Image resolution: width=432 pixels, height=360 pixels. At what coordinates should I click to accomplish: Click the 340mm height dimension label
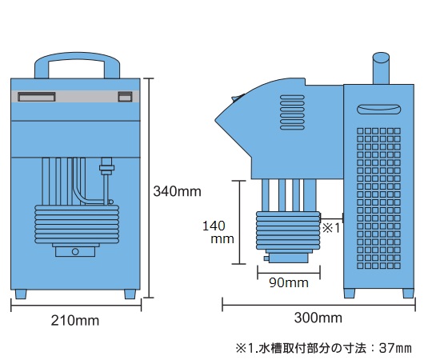click(x=177, y=191)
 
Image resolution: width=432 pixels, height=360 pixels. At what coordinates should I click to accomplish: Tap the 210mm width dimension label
click(x=75, y=321)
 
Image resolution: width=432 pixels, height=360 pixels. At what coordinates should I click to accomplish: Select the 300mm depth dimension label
click(x=318, y=318)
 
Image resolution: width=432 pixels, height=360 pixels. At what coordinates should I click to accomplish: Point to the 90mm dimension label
click(x=289, y=283)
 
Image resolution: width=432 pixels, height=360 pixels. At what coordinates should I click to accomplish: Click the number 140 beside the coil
click(x=214, y=226)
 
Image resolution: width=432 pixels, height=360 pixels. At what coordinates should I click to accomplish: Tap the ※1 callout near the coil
click(x=331, y=228)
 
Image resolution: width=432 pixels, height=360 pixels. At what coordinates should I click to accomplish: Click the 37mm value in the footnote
click(x=395, y=348)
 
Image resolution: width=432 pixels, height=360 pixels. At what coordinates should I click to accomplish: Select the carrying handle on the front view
click(x=77, y=57)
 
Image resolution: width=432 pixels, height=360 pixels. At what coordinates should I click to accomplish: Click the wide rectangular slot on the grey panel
click(x=37, y=97)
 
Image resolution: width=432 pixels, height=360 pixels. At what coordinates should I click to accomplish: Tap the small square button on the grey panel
click(x=125, y=97)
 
